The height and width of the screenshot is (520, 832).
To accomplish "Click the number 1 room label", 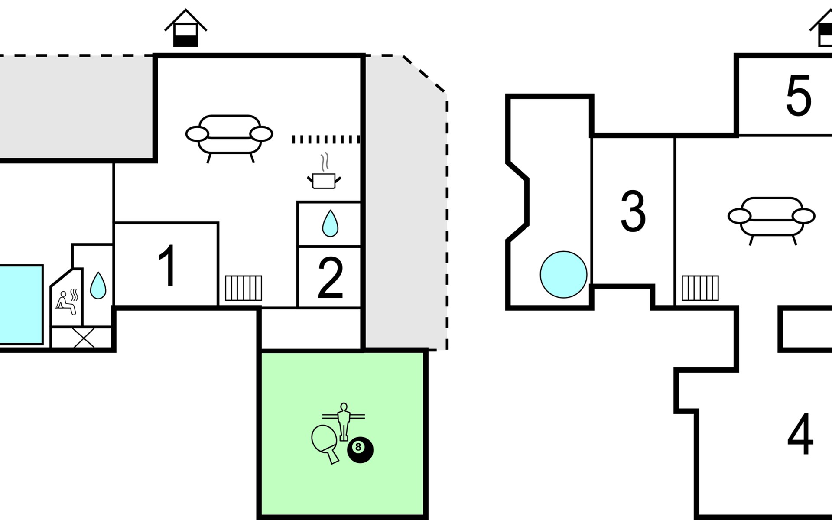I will coord(167,266).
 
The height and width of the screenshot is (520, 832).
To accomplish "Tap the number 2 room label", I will coord(330,278).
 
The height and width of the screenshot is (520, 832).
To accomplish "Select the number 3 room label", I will coord(633,211).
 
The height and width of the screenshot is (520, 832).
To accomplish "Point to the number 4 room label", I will coord(800,434).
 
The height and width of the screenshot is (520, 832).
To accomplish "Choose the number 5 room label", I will coord(798,96).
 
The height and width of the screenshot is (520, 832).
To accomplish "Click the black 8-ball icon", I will coord(360,450).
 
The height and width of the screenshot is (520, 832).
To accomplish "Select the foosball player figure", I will coord(344,420).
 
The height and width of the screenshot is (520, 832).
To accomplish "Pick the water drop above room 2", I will coord(330,224).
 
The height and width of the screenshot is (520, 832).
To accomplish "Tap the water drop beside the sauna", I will coord(98,286).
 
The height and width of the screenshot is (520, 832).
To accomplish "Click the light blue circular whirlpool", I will coord(563,274).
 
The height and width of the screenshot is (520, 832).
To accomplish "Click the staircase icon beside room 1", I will coord(244,288).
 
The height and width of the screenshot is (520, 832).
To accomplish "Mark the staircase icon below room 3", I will coord(700,288).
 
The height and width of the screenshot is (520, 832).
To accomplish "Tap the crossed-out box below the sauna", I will coord(84,338).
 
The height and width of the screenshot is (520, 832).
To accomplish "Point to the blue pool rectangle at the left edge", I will coord(21,305).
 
